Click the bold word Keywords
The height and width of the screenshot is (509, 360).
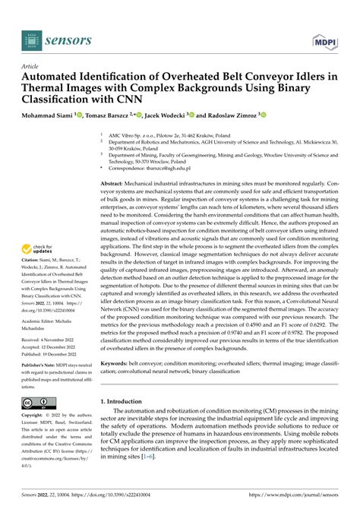pos(118,364)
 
